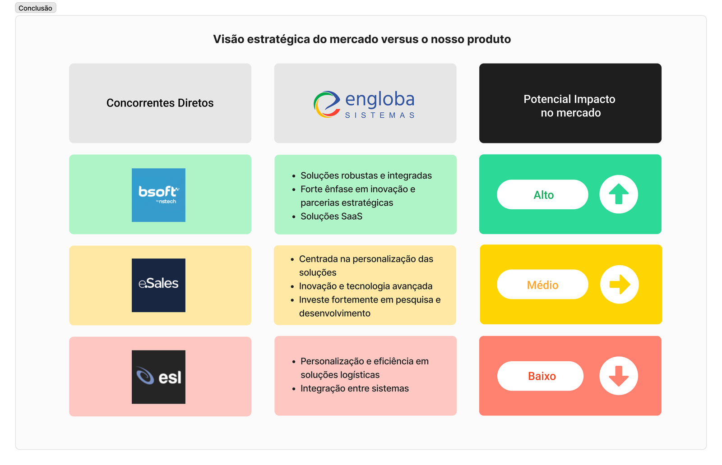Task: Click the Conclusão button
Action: click(36, 8)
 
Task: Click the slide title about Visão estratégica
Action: click(361, 39)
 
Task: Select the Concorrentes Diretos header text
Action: click(160, 103)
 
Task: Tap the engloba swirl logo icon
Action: click(327, 104)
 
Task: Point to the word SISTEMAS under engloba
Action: click(380, 115)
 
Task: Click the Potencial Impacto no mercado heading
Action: click(569, 106)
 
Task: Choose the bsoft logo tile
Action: click(158, 195)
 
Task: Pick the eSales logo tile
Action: click(158, 285)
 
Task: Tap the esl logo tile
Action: click(158, 377)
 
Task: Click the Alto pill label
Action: click(543, 195)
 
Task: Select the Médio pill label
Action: click(543, 285)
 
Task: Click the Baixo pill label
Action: click(541, 376)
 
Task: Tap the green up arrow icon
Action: click(619, 194)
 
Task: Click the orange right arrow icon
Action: click(620, 285)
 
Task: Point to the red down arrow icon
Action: click(619, 376)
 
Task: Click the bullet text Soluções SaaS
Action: click(331, 216)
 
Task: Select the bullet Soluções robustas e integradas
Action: click(366, 175)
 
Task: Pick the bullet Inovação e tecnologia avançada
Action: click(366, 286)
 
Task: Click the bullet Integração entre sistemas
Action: click(355, 388)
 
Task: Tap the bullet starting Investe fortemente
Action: click(370, 306)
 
